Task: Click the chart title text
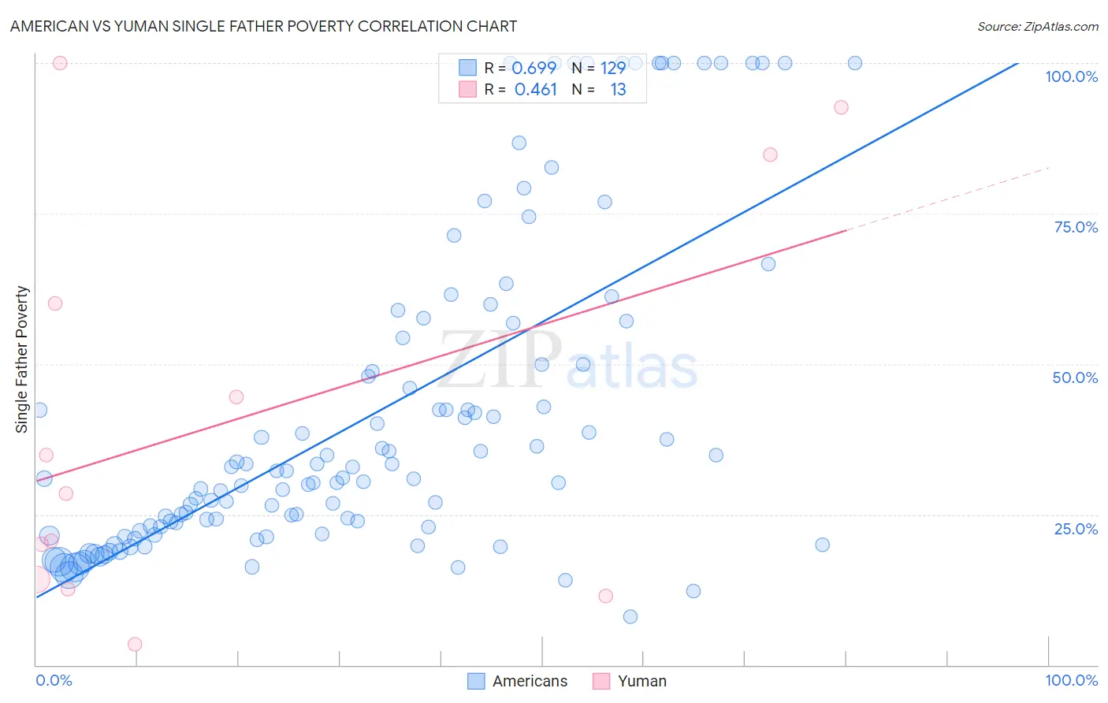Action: coord(263,26)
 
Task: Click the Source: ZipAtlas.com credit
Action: coord(1037,26)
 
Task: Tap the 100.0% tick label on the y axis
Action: coord(1071,76)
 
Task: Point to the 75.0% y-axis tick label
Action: coord(1076,227)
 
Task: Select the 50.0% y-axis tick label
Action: coord(1075,378)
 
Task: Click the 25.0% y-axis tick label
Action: coord(1076,528)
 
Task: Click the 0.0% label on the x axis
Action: coord(54,680)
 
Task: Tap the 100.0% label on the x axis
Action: coord(1071,680)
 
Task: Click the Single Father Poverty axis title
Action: coord(22,359)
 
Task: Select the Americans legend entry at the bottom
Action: coord(517,681)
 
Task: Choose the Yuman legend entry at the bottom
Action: coord(630,681)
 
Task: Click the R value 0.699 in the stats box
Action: coord(534,68)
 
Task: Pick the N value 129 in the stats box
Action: coord(612,68)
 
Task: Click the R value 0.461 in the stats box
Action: coord(536,89)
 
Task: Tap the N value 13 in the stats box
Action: coord(618,89)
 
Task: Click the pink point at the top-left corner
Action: coord(60,63)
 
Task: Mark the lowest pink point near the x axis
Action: coord(135,644)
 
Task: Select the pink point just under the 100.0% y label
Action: coord(841,107)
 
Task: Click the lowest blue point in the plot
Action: coord(630,616)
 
